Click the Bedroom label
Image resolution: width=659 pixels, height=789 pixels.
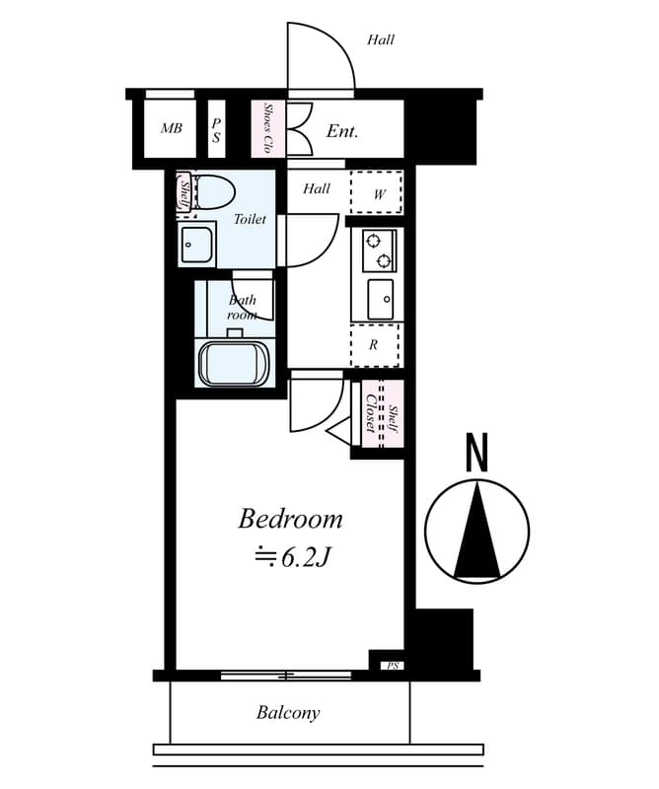pos(290,520)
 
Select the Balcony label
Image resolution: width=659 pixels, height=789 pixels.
pos(288,713)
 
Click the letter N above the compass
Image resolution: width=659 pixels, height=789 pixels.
pos(476,453)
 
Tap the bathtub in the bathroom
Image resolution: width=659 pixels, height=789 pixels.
pos(235,364)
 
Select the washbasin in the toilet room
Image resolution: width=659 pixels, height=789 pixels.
pos(196,244)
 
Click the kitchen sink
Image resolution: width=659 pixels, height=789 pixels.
pos(380,299)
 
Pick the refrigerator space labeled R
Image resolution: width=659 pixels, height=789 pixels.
pos(375,345)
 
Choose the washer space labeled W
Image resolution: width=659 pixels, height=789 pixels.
pos(376,192)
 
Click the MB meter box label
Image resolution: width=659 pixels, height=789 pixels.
pos(172,128)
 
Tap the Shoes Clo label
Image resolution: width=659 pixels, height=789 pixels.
pos(268,129)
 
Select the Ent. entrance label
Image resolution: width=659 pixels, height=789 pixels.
pos(342,131)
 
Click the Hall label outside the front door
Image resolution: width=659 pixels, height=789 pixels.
pos(381,39)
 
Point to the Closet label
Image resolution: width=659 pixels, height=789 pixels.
pos(371,413)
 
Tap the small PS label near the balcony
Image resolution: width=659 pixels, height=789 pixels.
pos(393,666)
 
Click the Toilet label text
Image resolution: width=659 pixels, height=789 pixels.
pos(250,219)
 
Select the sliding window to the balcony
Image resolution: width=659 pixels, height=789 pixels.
pos(286,676)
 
